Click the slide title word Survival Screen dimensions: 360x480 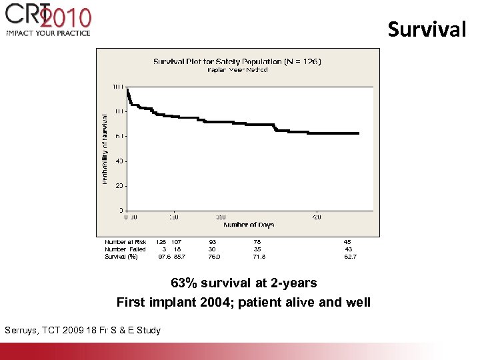(427, 29)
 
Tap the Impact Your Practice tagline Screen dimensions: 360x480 (48, 33)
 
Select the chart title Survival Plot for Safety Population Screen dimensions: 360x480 (237, 61)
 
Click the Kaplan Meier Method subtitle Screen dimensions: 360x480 (237, 70)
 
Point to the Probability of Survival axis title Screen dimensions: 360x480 (105, 149)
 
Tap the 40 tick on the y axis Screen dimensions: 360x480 (118, 161)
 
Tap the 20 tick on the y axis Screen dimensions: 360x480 (118, 186)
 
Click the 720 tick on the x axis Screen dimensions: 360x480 (317, 217)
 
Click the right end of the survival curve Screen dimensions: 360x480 (359, 133)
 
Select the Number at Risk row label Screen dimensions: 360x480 (125, 242)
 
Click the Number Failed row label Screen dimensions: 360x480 (125, 249)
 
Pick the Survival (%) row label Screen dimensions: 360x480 (121, 257)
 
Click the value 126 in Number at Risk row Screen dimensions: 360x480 (161, 242)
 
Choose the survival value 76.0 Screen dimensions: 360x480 (214, 257)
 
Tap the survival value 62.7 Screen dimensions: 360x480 (351, 257)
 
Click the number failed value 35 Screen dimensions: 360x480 (257, 249)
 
